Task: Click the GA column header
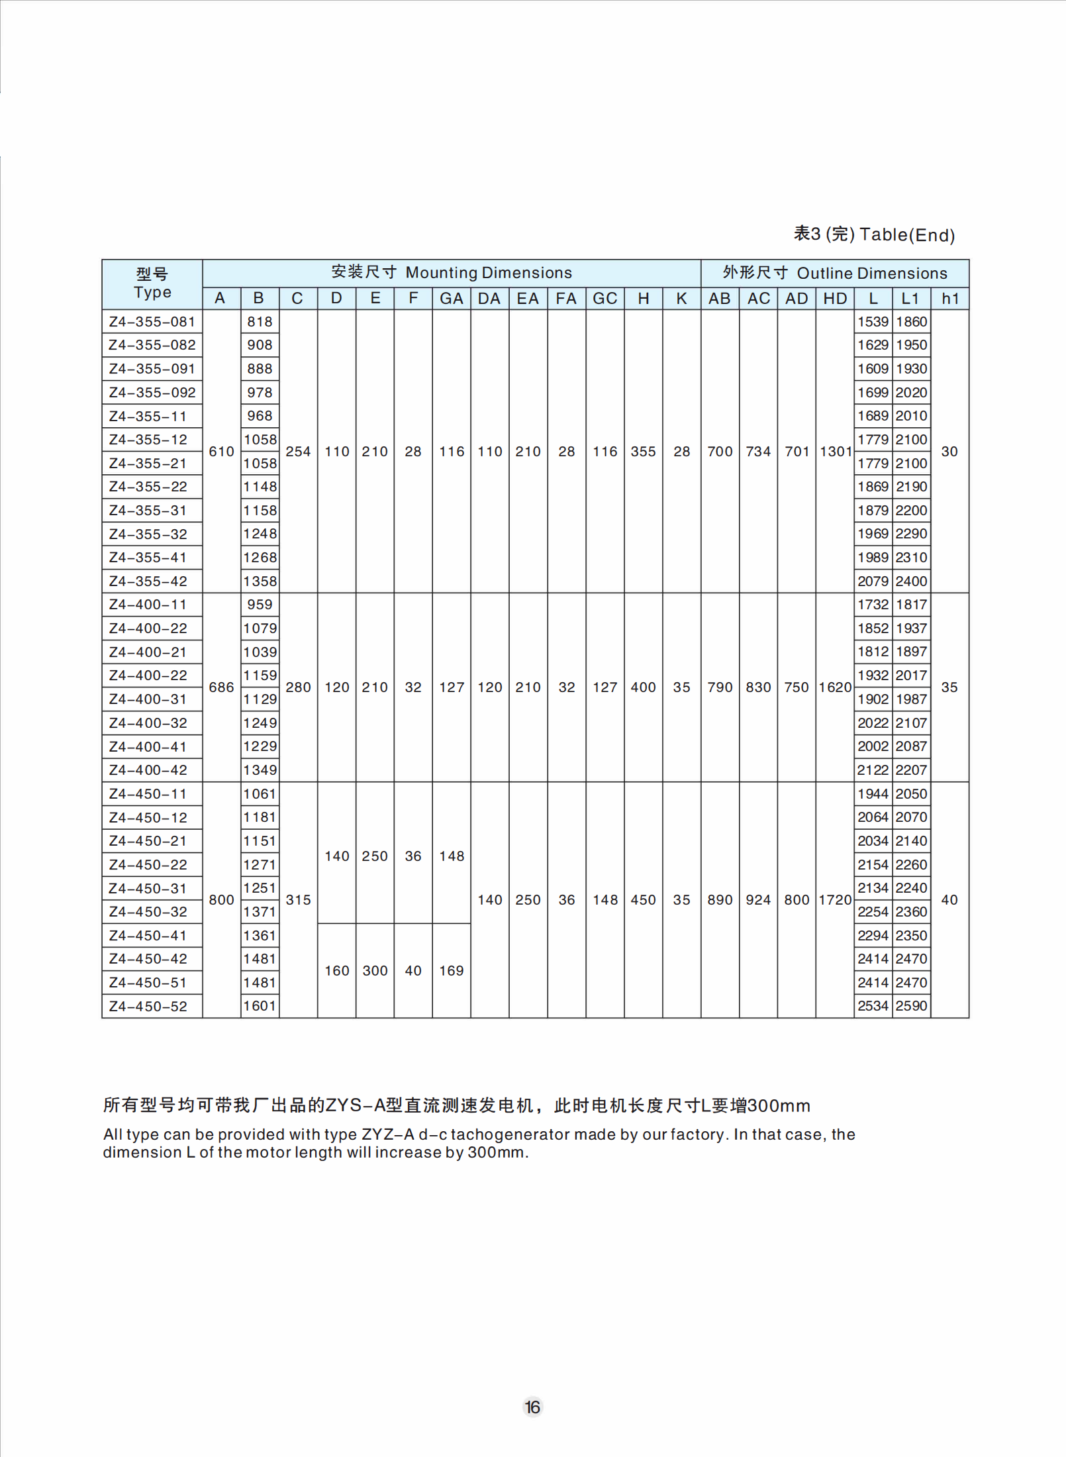click(x=451, y=299)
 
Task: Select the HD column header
click(x=835, y=299)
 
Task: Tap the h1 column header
click(x=949, y=299)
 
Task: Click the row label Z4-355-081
click(x=152, y=322)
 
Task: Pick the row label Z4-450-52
click(x=148, y=1006)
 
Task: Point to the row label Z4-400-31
click(x=148, y=699)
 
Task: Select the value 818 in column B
click(x=260, y=322)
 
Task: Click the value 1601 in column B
click(x=260, y=1005)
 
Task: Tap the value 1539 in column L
click(x=873, y=322)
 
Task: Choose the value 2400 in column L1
click(x=911, y=581)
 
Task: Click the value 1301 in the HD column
click(x=835, y=452)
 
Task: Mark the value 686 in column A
click(x=221, y=687)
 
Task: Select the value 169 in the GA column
click(x=452, y=970)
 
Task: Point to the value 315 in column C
click(x=298, y=899)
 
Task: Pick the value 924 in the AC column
click(x=758, y=899)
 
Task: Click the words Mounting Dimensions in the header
click(x=489, y=273)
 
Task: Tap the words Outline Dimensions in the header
click(x=872, y=274)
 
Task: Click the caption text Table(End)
click(x=907, y=235)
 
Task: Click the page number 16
click(x=532, y=1407)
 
